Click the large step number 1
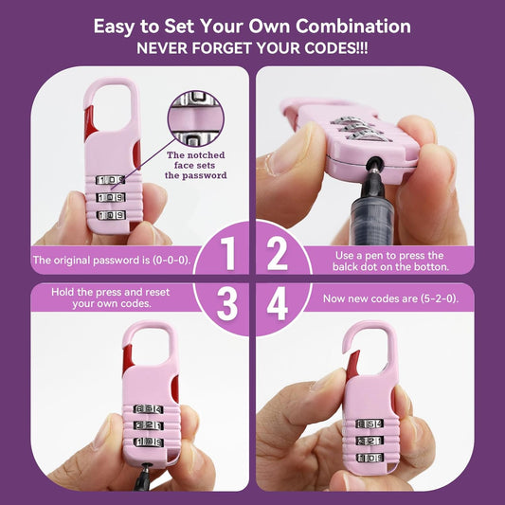pos(228,253)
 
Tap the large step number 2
pos(278,253)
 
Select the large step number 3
pos(227,304)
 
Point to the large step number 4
pos(278,304)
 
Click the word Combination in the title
pos(353,26)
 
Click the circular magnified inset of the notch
pos(195,118)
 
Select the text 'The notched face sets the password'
pos(195,165)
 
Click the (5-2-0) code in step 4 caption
pos(440,298)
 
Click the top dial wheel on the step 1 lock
pos(110,180)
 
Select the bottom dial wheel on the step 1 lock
pos(111,215)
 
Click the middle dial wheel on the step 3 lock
pos(149,425)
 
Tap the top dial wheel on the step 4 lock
pos(370,424)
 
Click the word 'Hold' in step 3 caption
pos(63,292)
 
